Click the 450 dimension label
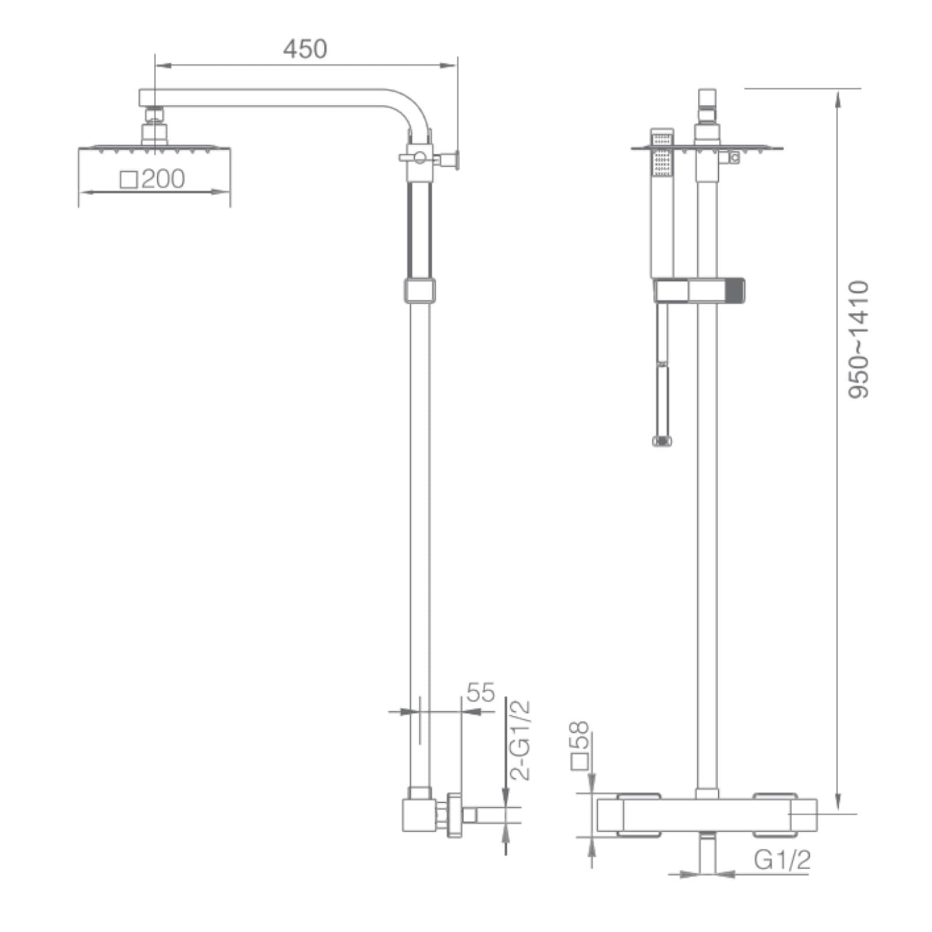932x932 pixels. [x=305, y=49]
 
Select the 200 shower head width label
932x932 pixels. [x=163, y=179]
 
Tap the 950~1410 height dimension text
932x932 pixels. [x=858, y=340]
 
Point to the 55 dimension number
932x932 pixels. [x=481, y=693]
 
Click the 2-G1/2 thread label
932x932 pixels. [x=520, y=740]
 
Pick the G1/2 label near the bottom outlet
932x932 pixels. [x=782, y=860]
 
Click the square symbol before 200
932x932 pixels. [x=129, y=179]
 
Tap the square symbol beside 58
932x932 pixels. [x=580, y=762]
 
